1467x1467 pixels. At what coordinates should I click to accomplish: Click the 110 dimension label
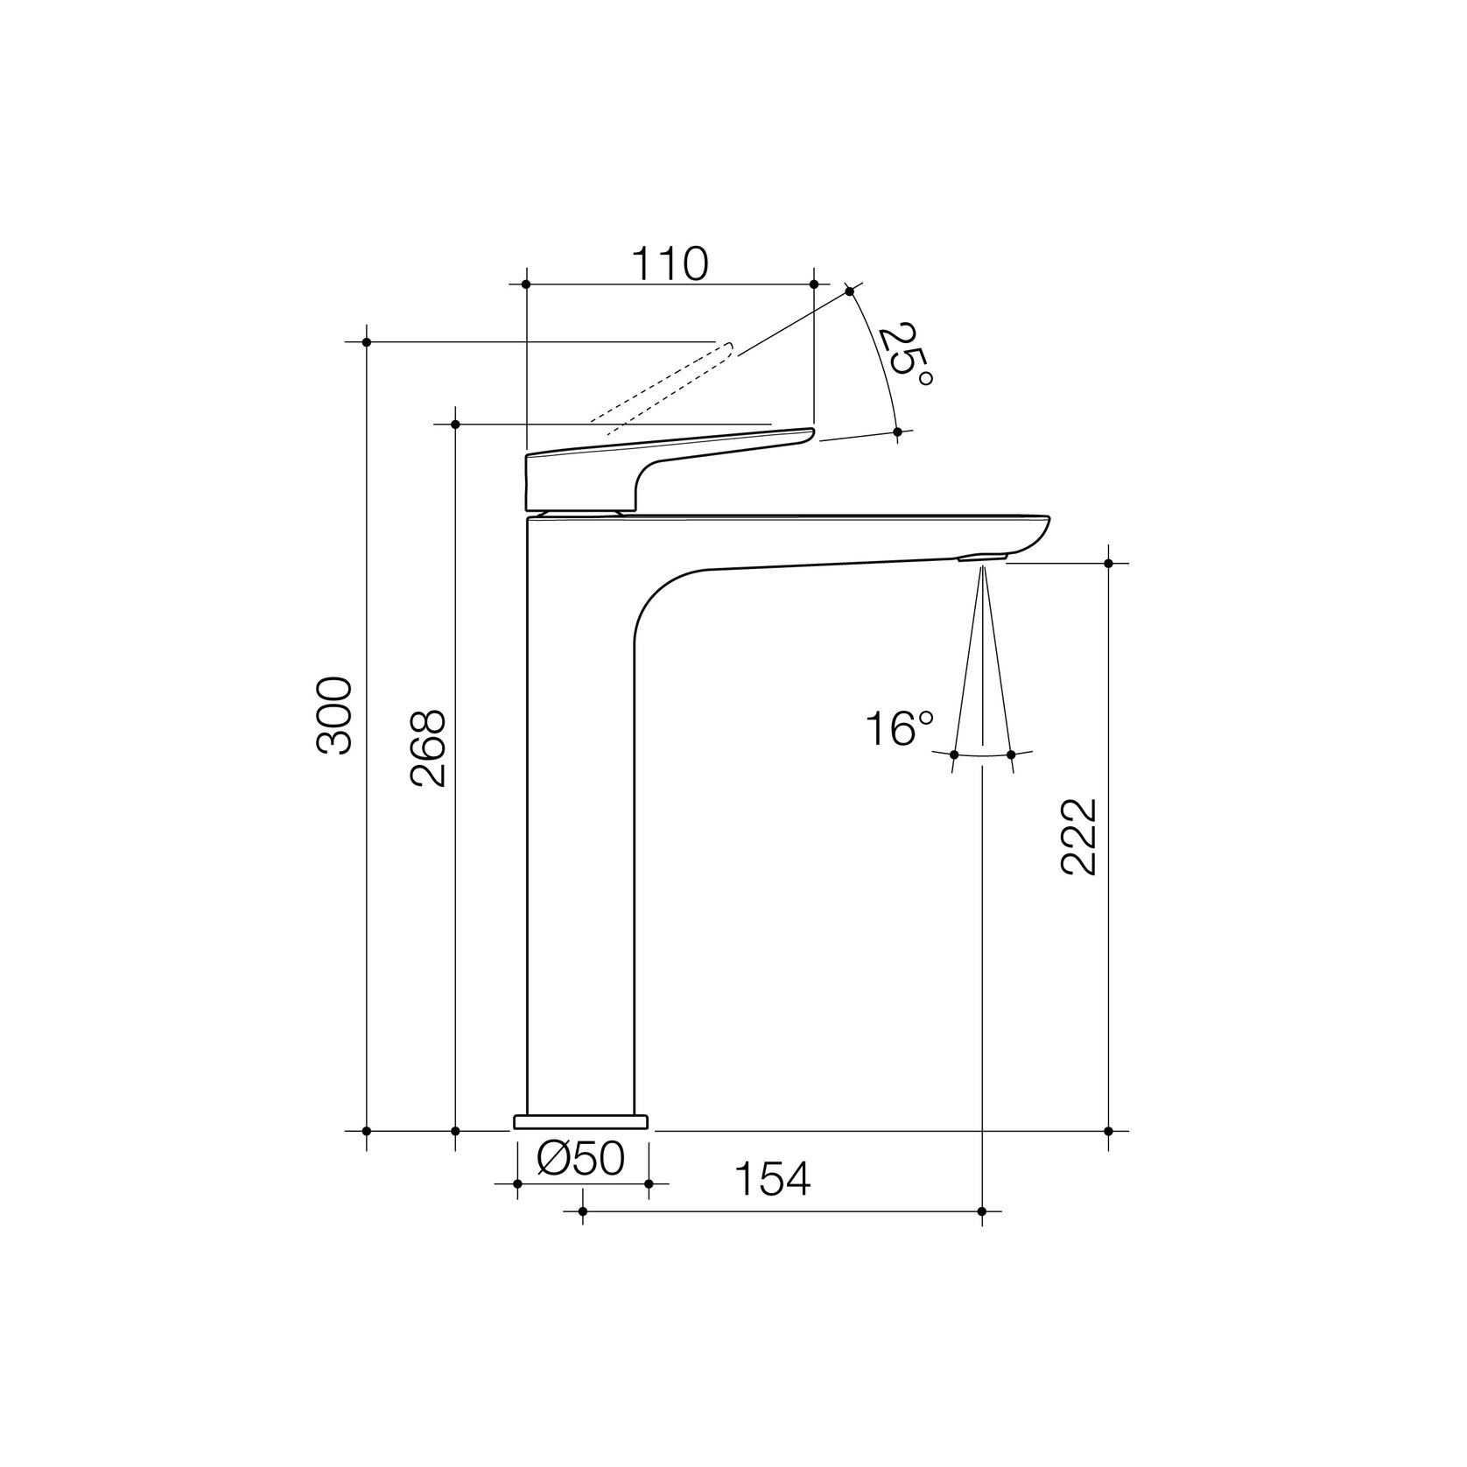(x=670, y=263)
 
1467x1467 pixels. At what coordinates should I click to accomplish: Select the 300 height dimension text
(x=334, y=715)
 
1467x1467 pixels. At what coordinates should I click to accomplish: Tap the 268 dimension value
(x=429, y=748)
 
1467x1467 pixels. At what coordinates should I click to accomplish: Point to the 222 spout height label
(x=1078, y=837)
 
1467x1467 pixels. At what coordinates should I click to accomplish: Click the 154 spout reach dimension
(x=772, y=1179)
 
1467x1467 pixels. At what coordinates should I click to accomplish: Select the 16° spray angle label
(x=900, y=728)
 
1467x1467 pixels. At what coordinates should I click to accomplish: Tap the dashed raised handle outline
(x=662, y=388)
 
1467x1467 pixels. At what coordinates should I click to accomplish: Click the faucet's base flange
(x=581, y=1122)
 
